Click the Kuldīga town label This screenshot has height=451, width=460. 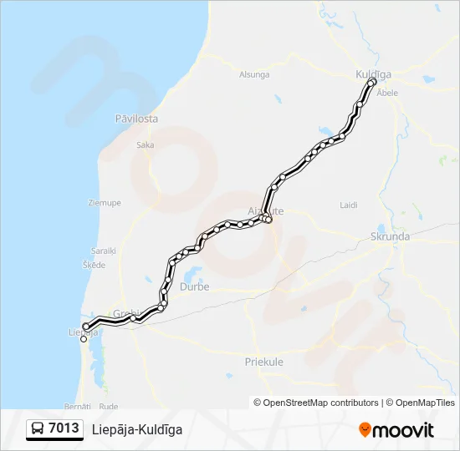coord(373,75)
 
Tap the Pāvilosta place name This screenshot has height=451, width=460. coord(136,119)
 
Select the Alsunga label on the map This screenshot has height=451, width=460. coord(254,74)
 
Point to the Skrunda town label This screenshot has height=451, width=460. coord(390,236)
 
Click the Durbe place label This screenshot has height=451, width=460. coord(195,286)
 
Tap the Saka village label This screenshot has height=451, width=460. coord(145,144)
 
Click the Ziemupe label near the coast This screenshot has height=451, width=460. coord(105,202)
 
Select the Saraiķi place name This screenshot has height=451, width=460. coord(105,250)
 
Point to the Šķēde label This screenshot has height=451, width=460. coord(94,265)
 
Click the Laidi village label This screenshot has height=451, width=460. coord(349,205)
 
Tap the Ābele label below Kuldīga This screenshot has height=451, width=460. coord(387,93)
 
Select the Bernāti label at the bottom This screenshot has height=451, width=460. coord(77,405)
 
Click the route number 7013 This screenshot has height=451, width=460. coord(64,429)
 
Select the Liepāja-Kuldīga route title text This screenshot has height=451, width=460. coord(137,429)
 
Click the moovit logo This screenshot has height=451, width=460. coord(396,430)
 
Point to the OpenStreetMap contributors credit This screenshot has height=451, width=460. coord(316,403)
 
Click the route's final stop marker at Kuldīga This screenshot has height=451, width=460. coord(372,82)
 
